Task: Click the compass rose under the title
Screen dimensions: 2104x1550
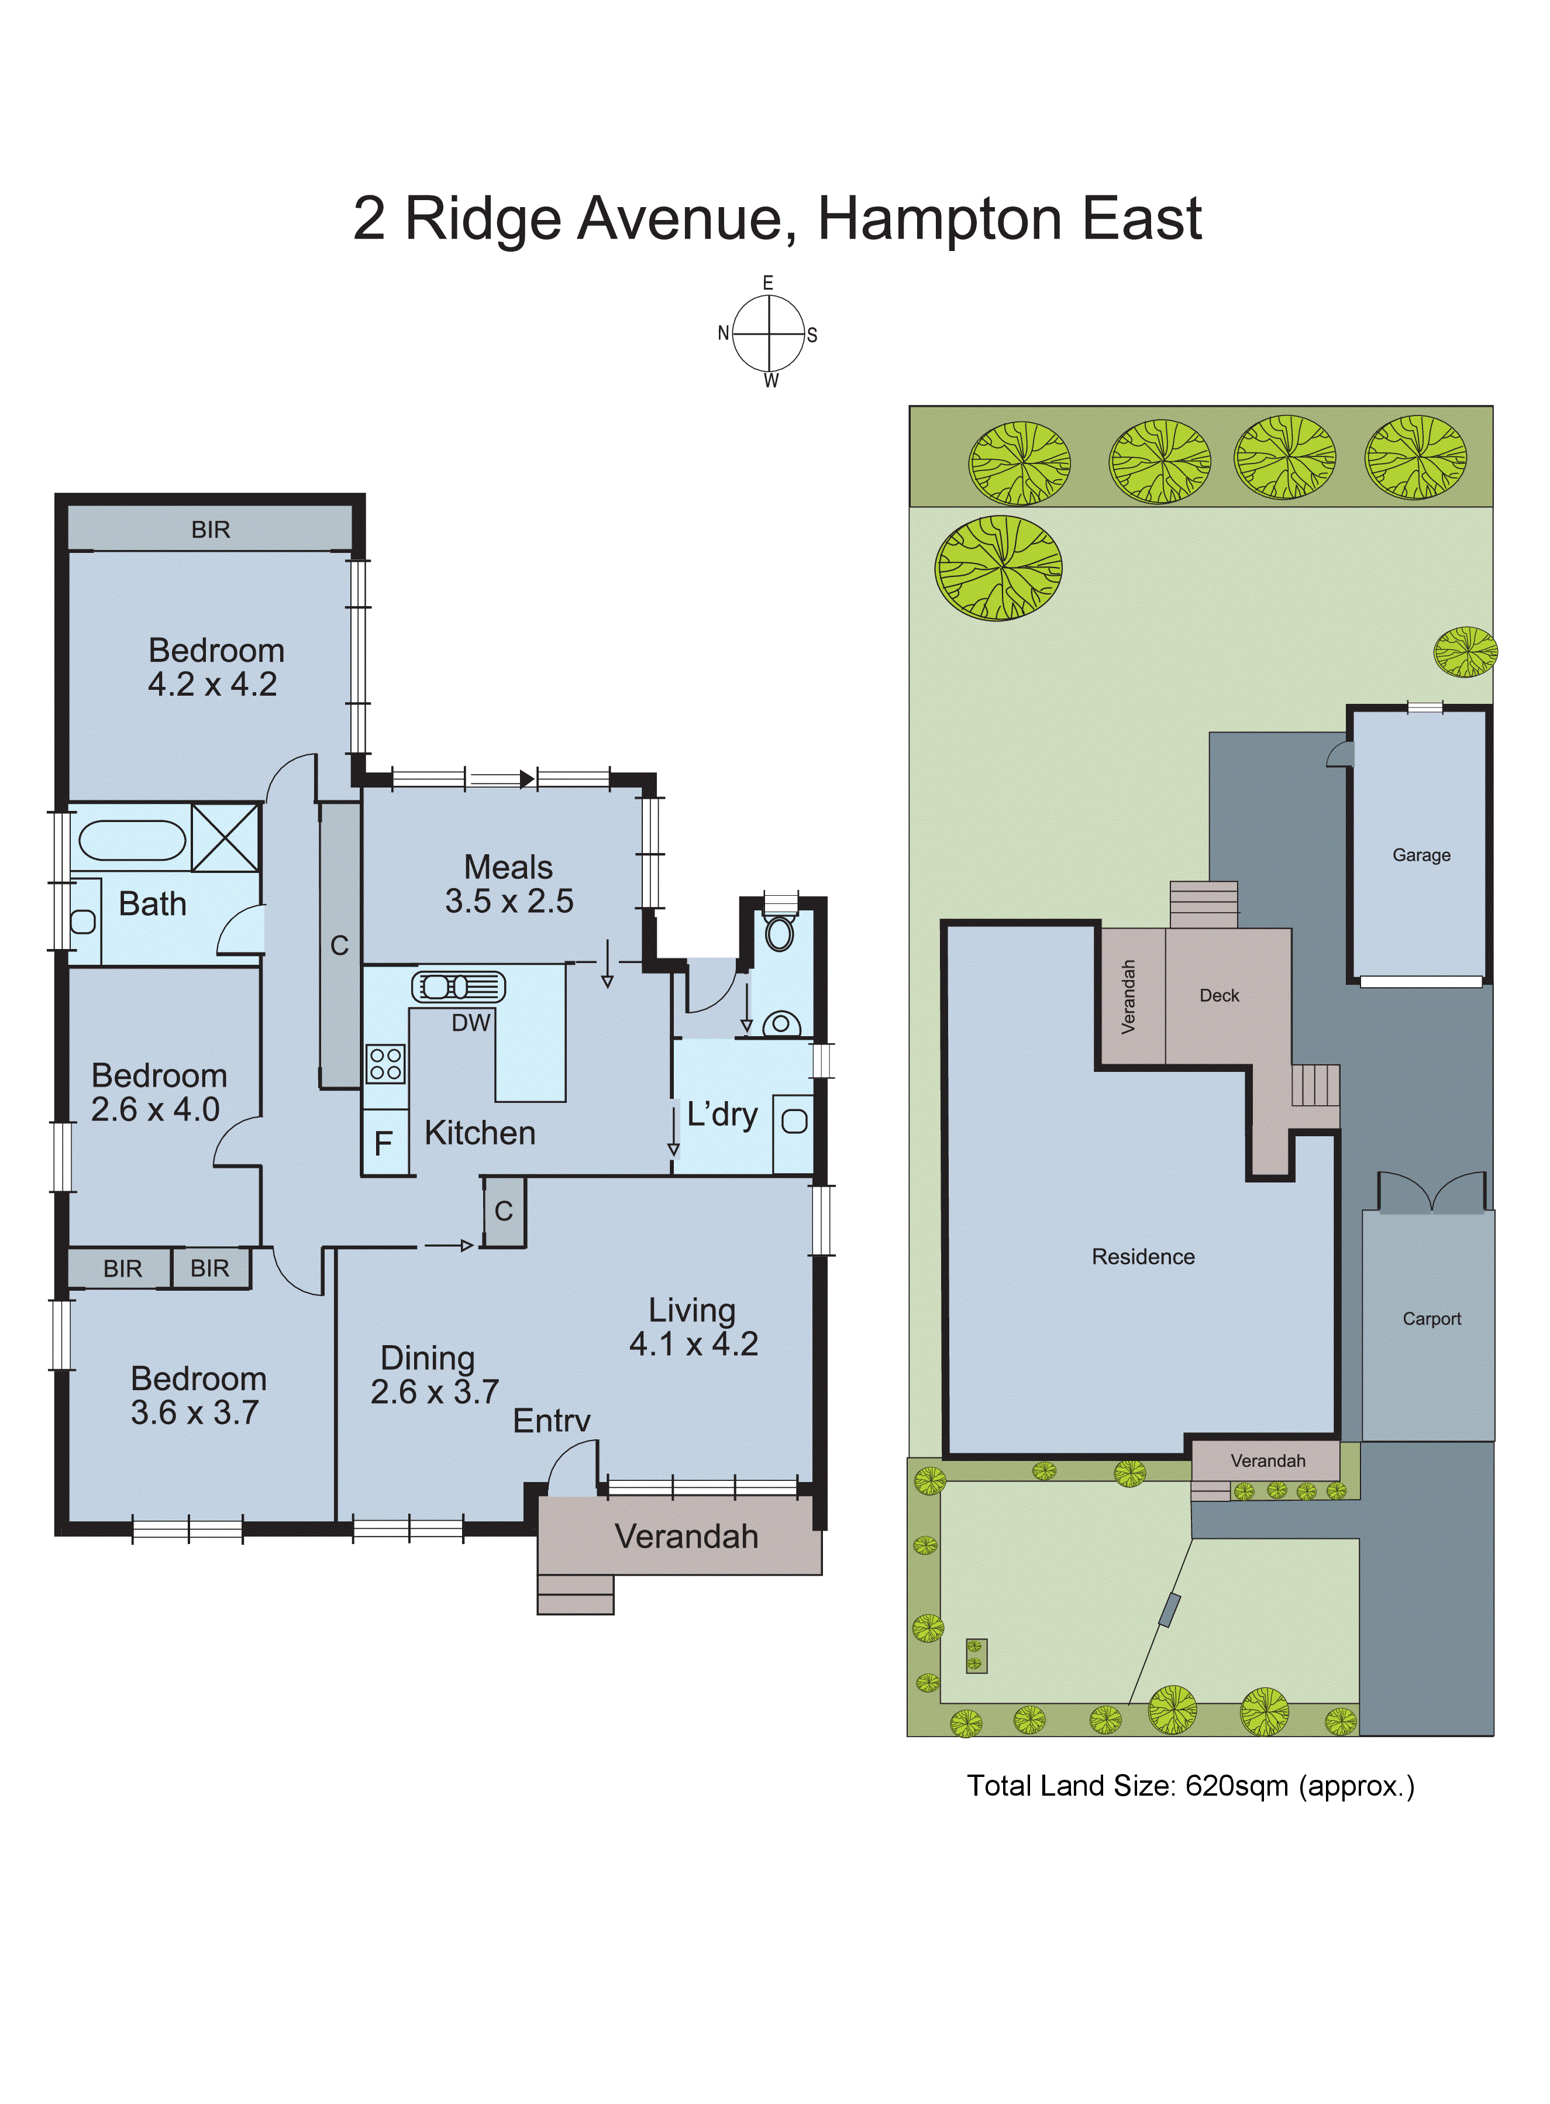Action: (769, 333)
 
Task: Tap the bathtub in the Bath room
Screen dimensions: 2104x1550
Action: (132, 840)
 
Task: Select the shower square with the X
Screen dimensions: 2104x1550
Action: (225, 837)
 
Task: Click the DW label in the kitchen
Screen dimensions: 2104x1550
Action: (470, 1023)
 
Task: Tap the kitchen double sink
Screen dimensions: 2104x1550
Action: (458, 987)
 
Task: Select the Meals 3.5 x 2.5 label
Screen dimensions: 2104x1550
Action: (508, 884)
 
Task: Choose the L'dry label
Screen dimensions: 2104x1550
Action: (722, 1114)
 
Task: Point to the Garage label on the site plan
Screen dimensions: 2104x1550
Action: (1421, 855)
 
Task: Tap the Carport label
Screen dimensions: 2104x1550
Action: (1431, 1319)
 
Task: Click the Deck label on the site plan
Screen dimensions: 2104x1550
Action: (1219, 996)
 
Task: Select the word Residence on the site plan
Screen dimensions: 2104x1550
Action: (1143, 1257)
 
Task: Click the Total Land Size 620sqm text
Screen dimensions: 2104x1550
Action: (1190, 1785)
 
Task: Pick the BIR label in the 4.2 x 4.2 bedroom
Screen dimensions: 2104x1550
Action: (210, 530)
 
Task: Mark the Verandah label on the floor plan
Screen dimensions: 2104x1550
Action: (686, 1536)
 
